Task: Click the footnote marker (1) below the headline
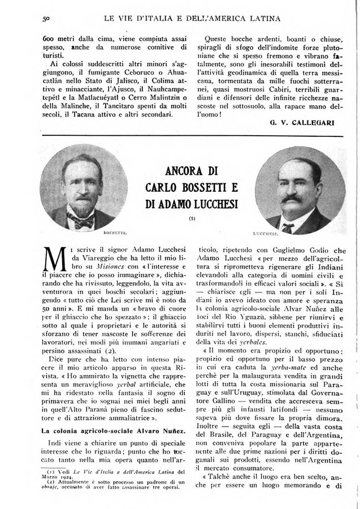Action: click(x=192, y=217)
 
